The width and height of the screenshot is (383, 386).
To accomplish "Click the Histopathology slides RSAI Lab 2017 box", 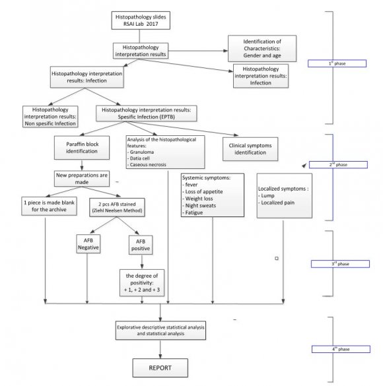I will (x=144, y=21).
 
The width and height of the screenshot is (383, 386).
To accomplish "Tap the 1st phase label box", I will (x=337, y=63).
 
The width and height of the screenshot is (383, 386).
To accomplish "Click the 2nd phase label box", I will (x=337, y=165).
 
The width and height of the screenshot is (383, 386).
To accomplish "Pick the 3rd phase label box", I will (x=337, y=263).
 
